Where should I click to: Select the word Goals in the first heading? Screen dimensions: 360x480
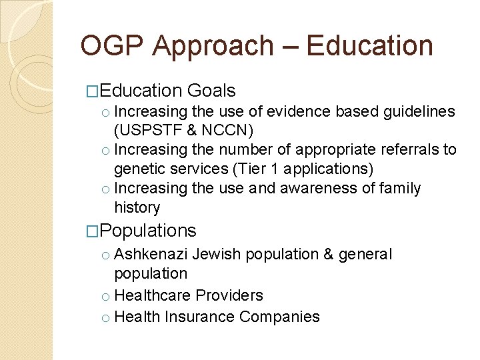point(211,91)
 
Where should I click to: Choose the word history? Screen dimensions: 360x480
point(137,207)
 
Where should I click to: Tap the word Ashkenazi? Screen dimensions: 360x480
point(152,255)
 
